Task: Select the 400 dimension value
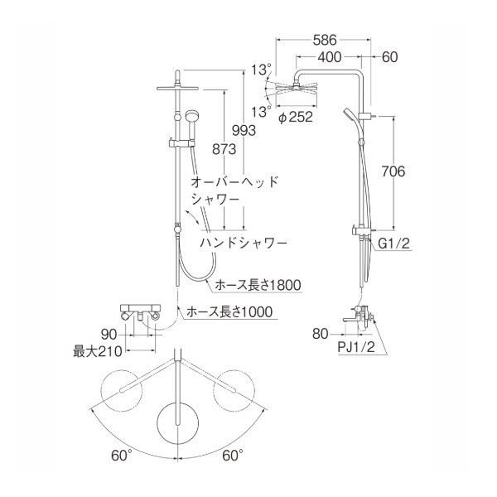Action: [x=330, y=57]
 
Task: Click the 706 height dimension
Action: [x=395, y=172]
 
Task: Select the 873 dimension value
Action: [x=224, y=148]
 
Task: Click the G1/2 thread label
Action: [x=396, y=244]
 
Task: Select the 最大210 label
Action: [x=98, y=352]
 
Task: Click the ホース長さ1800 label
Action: [x=257, y=285]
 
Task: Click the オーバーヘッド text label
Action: [x=235, y=181]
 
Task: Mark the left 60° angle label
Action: [x=121, y=455]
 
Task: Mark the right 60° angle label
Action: [x=231, y=455]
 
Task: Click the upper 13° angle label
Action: [x=263, y=69]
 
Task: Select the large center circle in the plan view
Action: [x=179, y=422]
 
